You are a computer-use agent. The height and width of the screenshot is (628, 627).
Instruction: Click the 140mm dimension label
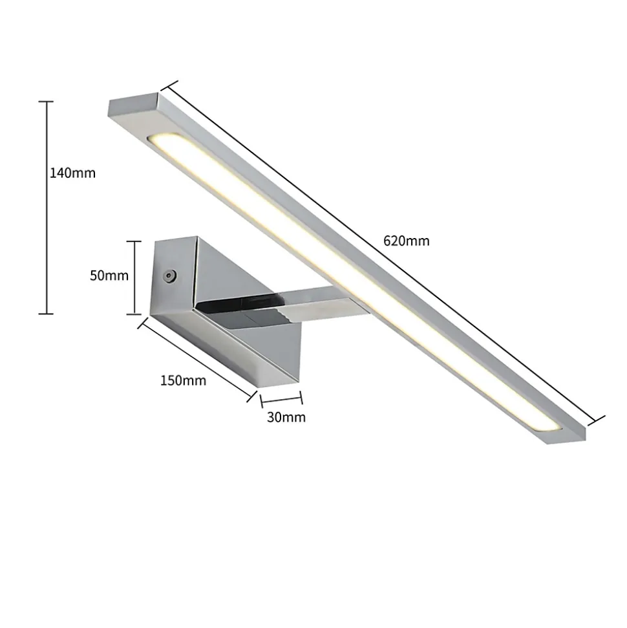[72, 173]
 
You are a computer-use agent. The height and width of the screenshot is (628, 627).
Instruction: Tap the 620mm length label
[407, 241]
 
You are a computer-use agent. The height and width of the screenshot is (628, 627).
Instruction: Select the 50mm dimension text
[109, 276]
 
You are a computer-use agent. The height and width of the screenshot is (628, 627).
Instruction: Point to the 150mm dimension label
[184, 380]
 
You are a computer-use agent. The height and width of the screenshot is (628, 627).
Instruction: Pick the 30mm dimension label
[286, 417]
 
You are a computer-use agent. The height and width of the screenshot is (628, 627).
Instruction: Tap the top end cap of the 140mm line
[46, 102]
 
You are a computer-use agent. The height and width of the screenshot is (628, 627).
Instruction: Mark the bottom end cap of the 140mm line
[46, 314]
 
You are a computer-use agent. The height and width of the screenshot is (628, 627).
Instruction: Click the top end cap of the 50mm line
[134, 241]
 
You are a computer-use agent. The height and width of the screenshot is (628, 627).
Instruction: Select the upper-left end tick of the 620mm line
[169, 87]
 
